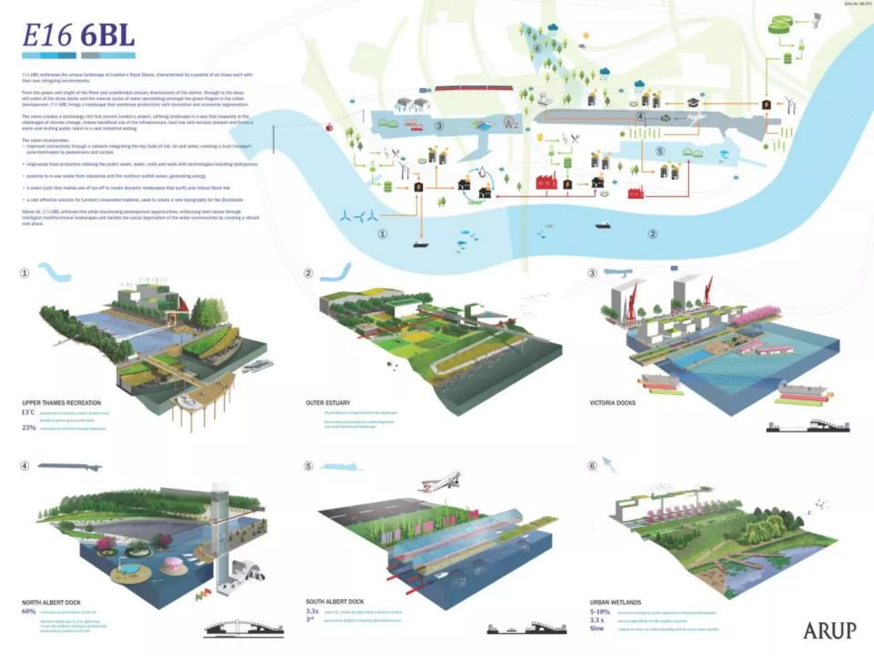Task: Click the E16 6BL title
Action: coord(79,36)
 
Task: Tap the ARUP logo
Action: coord(829,630)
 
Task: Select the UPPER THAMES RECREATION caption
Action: coord(61,403)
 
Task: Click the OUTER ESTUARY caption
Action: coord(328,403)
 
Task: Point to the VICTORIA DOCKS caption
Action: coord(612,403)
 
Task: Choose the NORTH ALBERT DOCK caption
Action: coord(51,603)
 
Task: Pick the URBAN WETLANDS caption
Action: coord(615,602)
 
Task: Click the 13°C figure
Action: coord(28,413)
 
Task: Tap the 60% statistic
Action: coord(29,612)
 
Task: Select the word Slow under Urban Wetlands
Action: coord(597,628)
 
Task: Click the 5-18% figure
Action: coord(600,612)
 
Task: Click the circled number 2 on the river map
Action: coord(653,234)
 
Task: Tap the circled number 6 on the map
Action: coord(537,48)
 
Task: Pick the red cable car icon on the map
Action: coord(329,127)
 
